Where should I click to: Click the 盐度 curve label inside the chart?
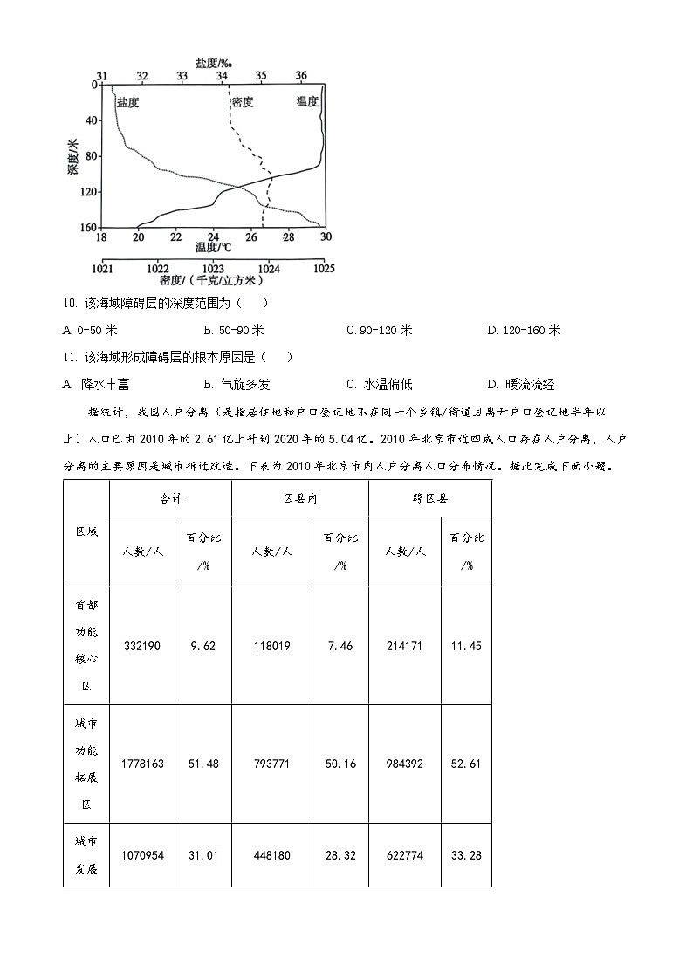[127, 102]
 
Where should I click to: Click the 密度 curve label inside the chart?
[242, 102]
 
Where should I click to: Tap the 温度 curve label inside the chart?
[307, 102]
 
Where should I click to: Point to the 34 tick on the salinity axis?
[222, 76]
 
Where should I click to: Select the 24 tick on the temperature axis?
[213, 237]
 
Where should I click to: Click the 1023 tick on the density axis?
[213, 268]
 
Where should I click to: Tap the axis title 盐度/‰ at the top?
[213, 63]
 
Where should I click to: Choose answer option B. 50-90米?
[233, 330]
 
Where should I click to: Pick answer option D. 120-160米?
[524, 330]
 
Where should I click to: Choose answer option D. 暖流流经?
[520, 384]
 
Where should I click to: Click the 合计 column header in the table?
[170, 498]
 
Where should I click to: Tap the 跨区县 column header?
[429, 498]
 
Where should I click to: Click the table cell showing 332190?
[142, 646]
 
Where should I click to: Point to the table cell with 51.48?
[203, 764]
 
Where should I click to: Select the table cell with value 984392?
[404, 764]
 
